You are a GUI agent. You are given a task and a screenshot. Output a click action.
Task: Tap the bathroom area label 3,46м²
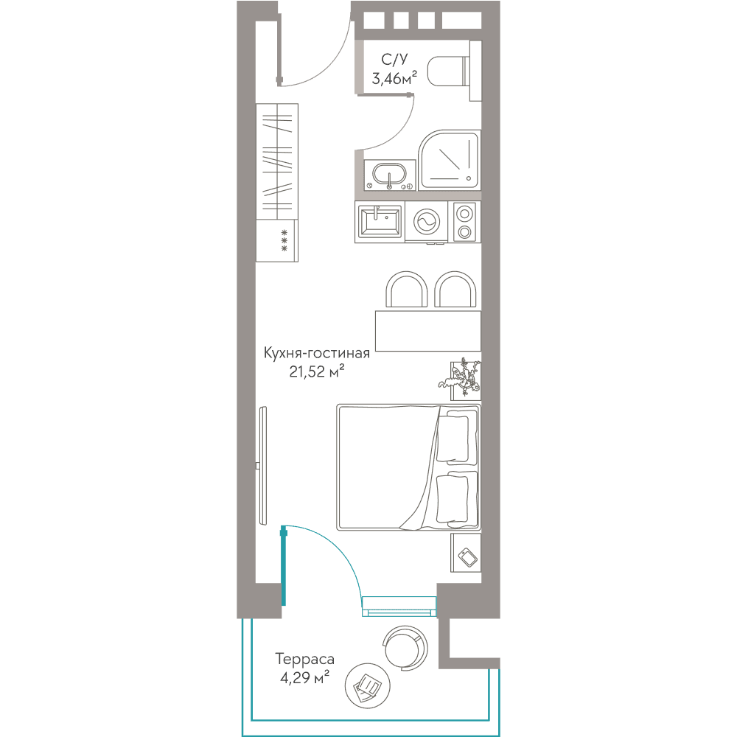(394, 77)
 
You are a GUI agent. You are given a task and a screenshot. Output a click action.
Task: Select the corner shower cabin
(450, 160)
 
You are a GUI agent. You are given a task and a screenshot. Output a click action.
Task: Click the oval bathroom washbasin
(389, 175)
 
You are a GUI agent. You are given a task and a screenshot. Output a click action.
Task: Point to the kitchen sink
(380, 221)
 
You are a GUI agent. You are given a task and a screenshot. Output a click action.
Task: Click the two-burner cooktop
(464, 222)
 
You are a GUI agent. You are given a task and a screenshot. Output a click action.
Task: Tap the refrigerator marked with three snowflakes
(277, 240)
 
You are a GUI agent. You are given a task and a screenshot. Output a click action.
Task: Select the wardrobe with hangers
(277, 161)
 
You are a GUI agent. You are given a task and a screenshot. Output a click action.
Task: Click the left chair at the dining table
(407, 290)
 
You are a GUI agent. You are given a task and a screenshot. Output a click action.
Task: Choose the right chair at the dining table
(455, 290)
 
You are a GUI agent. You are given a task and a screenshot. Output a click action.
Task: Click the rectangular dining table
(427, 331)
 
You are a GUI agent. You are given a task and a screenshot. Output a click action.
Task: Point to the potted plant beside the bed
(461, 377)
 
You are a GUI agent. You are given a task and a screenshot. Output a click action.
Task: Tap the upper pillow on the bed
(453, 437)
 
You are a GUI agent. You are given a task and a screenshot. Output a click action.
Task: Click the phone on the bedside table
(468, 557)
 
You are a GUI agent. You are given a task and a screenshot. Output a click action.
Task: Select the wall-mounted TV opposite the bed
(263, 466)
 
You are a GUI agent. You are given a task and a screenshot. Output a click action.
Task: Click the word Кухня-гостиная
(317, 354)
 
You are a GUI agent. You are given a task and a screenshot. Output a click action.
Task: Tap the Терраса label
(304, 660)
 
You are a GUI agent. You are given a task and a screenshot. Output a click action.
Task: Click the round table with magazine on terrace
(368, 686)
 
